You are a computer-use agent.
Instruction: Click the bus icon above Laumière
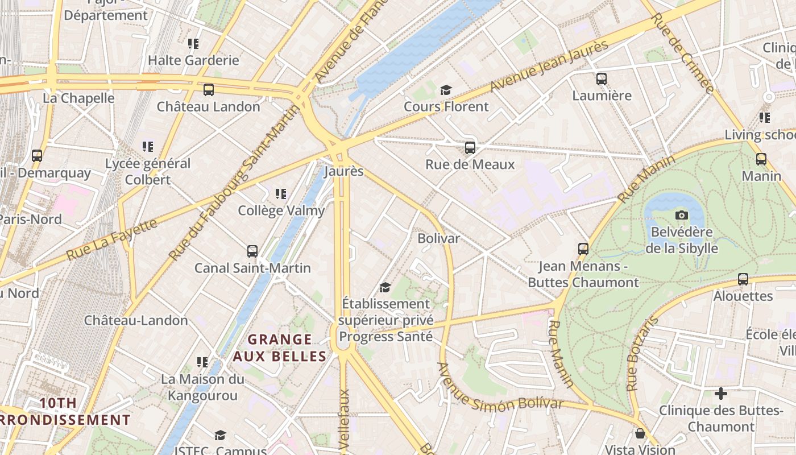tap(602, 79)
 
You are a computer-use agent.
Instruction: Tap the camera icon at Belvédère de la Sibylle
tap(681, 215)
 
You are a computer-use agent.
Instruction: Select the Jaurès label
tap(343, 171)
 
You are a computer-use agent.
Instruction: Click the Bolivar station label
tap(438, 238)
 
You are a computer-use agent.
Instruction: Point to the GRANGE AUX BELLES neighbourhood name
tap(280, 348)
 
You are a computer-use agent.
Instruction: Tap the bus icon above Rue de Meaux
tap(470, 148)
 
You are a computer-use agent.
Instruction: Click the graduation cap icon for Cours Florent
tap(446, 90)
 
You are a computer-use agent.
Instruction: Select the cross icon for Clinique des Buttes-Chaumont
tap(721, 394)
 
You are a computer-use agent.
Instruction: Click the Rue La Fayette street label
tap(111, 239)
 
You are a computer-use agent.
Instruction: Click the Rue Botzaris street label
tap(642, 354)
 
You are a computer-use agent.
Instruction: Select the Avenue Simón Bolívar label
tap(500, 392)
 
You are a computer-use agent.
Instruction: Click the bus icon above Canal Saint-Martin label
tap(252, 251)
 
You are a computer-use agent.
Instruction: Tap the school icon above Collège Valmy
tap(280, 194)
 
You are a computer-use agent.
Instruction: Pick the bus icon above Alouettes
tap(743, 279)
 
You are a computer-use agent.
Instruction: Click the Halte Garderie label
tap(193, 60)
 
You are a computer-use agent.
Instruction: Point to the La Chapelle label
tap(78, 98)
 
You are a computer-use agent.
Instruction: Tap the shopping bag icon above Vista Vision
tap(640, 434)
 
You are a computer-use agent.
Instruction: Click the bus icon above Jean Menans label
tap(583, 249)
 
